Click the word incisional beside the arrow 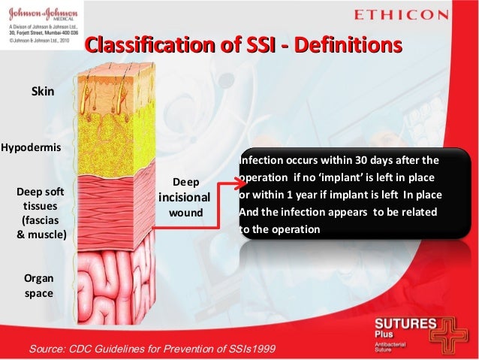184,198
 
